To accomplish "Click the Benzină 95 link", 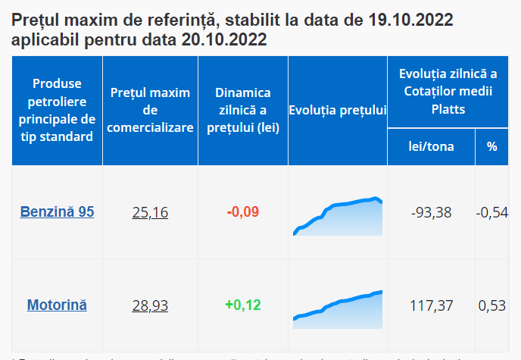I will click(57, 212).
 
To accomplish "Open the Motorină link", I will click(57, 305).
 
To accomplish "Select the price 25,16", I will click(150, 212).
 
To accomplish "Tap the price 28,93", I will click(150, 305).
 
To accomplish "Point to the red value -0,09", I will click(242, 212).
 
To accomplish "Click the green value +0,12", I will click(242, 305).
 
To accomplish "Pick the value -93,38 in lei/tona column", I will click(431, 212).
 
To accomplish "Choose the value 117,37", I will click(431, 305).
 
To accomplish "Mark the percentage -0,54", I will click(492, 212).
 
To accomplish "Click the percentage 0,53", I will click(492, 305).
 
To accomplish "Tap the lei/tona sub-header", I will click(431, 147).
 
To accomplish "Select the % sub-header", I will click(492, 147).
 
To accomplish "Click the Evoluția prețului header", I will click(338, 111).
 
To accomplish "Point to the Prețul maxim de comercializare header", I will click(150, 111).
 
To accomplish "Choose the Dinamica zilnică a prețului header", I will click(242, 111).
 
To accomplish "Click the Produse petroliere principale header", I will click(57, 111).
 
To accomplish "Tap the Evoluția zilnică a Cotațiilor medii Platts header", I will click(448, 92).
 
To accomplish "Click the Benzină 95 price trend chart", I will click(338, 217).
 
